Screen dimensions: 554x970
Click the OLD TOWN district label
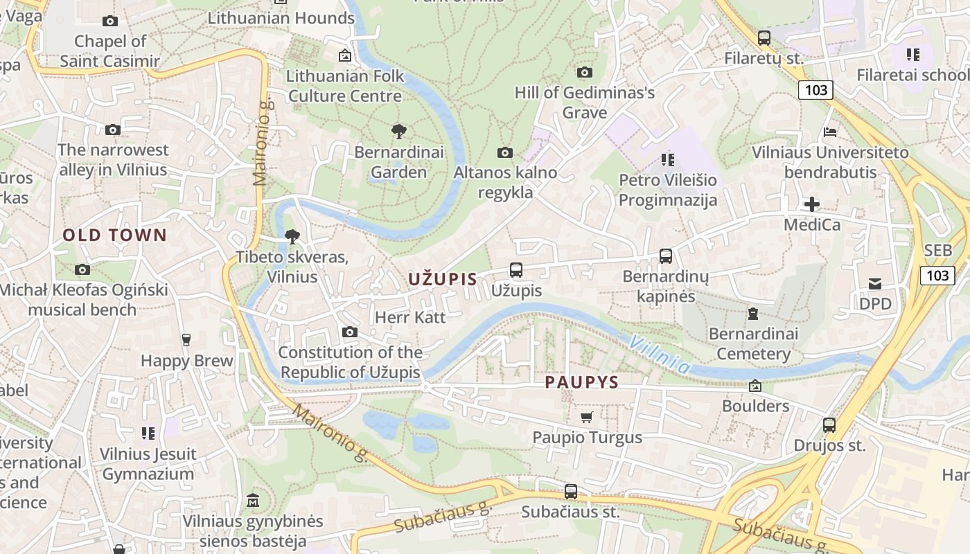coord(115,235)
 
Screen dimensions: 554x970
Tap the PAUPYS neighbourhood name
coord(581,382)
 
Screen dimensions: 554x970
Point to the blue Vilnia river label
coord(660,354)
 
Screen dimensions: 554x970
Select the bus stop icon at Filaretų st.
coord(764,38)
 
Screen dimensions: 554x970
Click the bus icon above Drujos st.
coord(829,425)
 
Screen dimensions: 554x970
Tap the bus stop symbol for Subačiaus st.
coord(571,492)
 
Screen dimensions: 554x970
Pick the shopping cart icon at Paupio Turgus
coord(587,417)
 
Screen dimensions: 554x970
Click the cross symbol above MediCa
coord(811,204)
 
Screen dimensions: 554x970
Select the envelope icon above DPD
coord(875,283)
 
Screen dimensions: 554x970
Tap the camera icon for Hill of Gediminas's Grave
coord(585,72)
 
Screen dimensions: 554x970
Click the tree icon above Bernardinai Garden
coord(398,131)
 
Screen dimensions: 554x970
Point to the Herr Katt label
coord(410,317)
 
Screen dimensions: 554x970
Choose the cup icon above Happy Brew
coord(186,339)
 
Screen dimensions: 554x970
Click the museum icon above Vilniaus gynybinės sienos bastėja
coord(253,500)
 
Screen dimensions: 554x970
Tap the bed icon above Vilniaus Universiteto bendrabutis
coord(830,132)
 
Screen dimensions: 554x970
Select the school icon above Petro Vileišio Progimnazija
coord(668,160)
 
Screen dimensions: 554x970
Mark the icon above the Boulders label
coord(755,386)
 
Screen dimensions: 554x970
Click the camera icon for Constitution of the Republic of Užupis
coord(350,332)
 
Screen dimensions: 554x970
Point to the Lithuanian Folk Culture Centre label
coord(345,85)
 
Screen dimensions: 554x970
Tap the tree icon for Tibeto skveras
coord(292,237)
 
